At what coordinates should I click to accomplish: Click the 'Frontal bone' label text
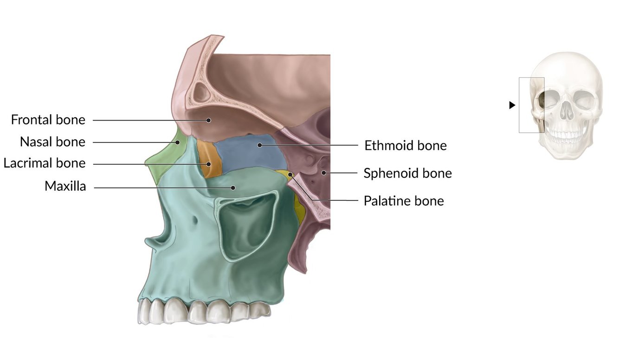[x=48, y=120]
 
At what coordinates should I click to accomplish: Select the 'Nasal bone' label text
[x=52, y=141]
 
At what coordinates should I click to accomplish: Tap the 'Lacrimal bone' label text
[x=45, y=163]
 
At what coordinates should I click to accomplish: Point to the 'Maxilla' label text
[x=65, y=186]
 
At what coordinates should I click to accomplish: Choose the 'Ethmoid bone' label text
[x=406, y=145]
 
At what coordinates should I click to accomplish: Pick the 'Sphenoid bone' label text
[x=407, y=173]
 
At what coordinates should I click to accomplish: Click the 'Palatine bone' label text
[x=404, y=201]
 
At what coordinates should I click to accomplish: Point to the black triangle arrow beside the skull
[x=512, y=105]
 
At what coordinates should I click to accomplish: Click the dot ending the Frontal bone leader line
[x=209, y=120]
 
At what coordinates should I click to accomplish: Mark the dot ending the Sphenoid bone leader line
[x=325, y=173]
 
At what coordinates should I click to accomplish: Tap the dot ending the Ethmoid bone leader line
[x=260, y=145]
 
